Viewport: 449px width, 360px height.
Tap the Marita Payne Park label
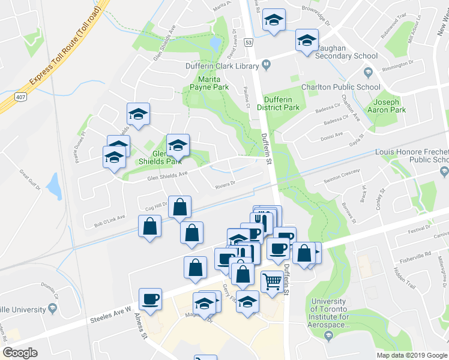209,83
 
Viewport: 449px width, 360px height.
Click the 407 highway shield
20,97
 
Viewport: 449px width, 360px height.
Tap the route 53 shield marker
248,43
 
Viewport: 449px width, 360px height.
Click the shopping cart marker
273,281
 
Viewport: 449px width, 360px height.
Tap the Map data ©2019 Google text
411,355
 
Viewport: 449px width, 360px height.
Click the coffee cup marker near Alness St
150,299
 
